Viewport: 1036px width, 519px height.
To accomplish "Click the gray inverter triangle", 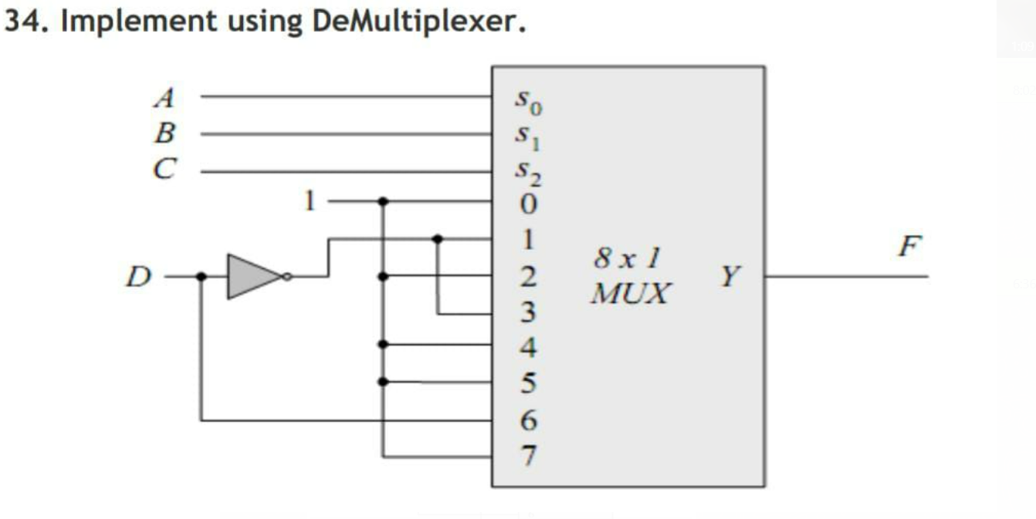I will (252, 275).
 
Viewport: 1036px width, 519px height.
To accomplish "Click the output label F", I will (912, 246).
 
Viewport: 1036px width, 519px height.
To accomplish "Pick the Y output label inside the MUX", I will (729, 275).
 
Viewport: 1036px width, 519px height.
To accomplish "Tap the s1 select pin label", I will (524, 136).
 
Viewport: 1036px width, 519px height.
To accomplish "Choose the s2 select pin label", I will (525, 174).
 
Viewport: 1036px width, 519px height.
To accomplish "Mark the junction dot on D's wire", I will (201, 276).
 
